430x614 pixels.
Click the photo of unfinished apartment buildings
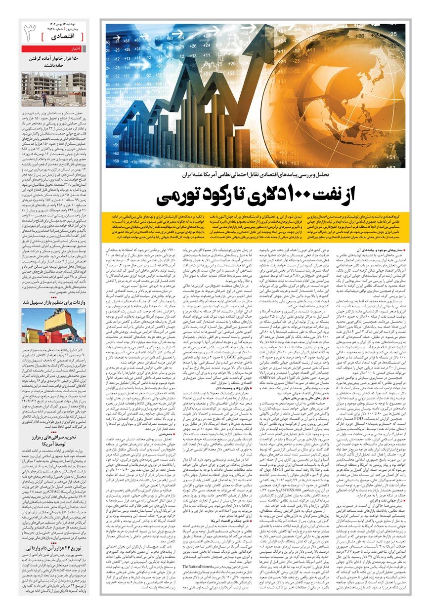pos(53,89)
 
